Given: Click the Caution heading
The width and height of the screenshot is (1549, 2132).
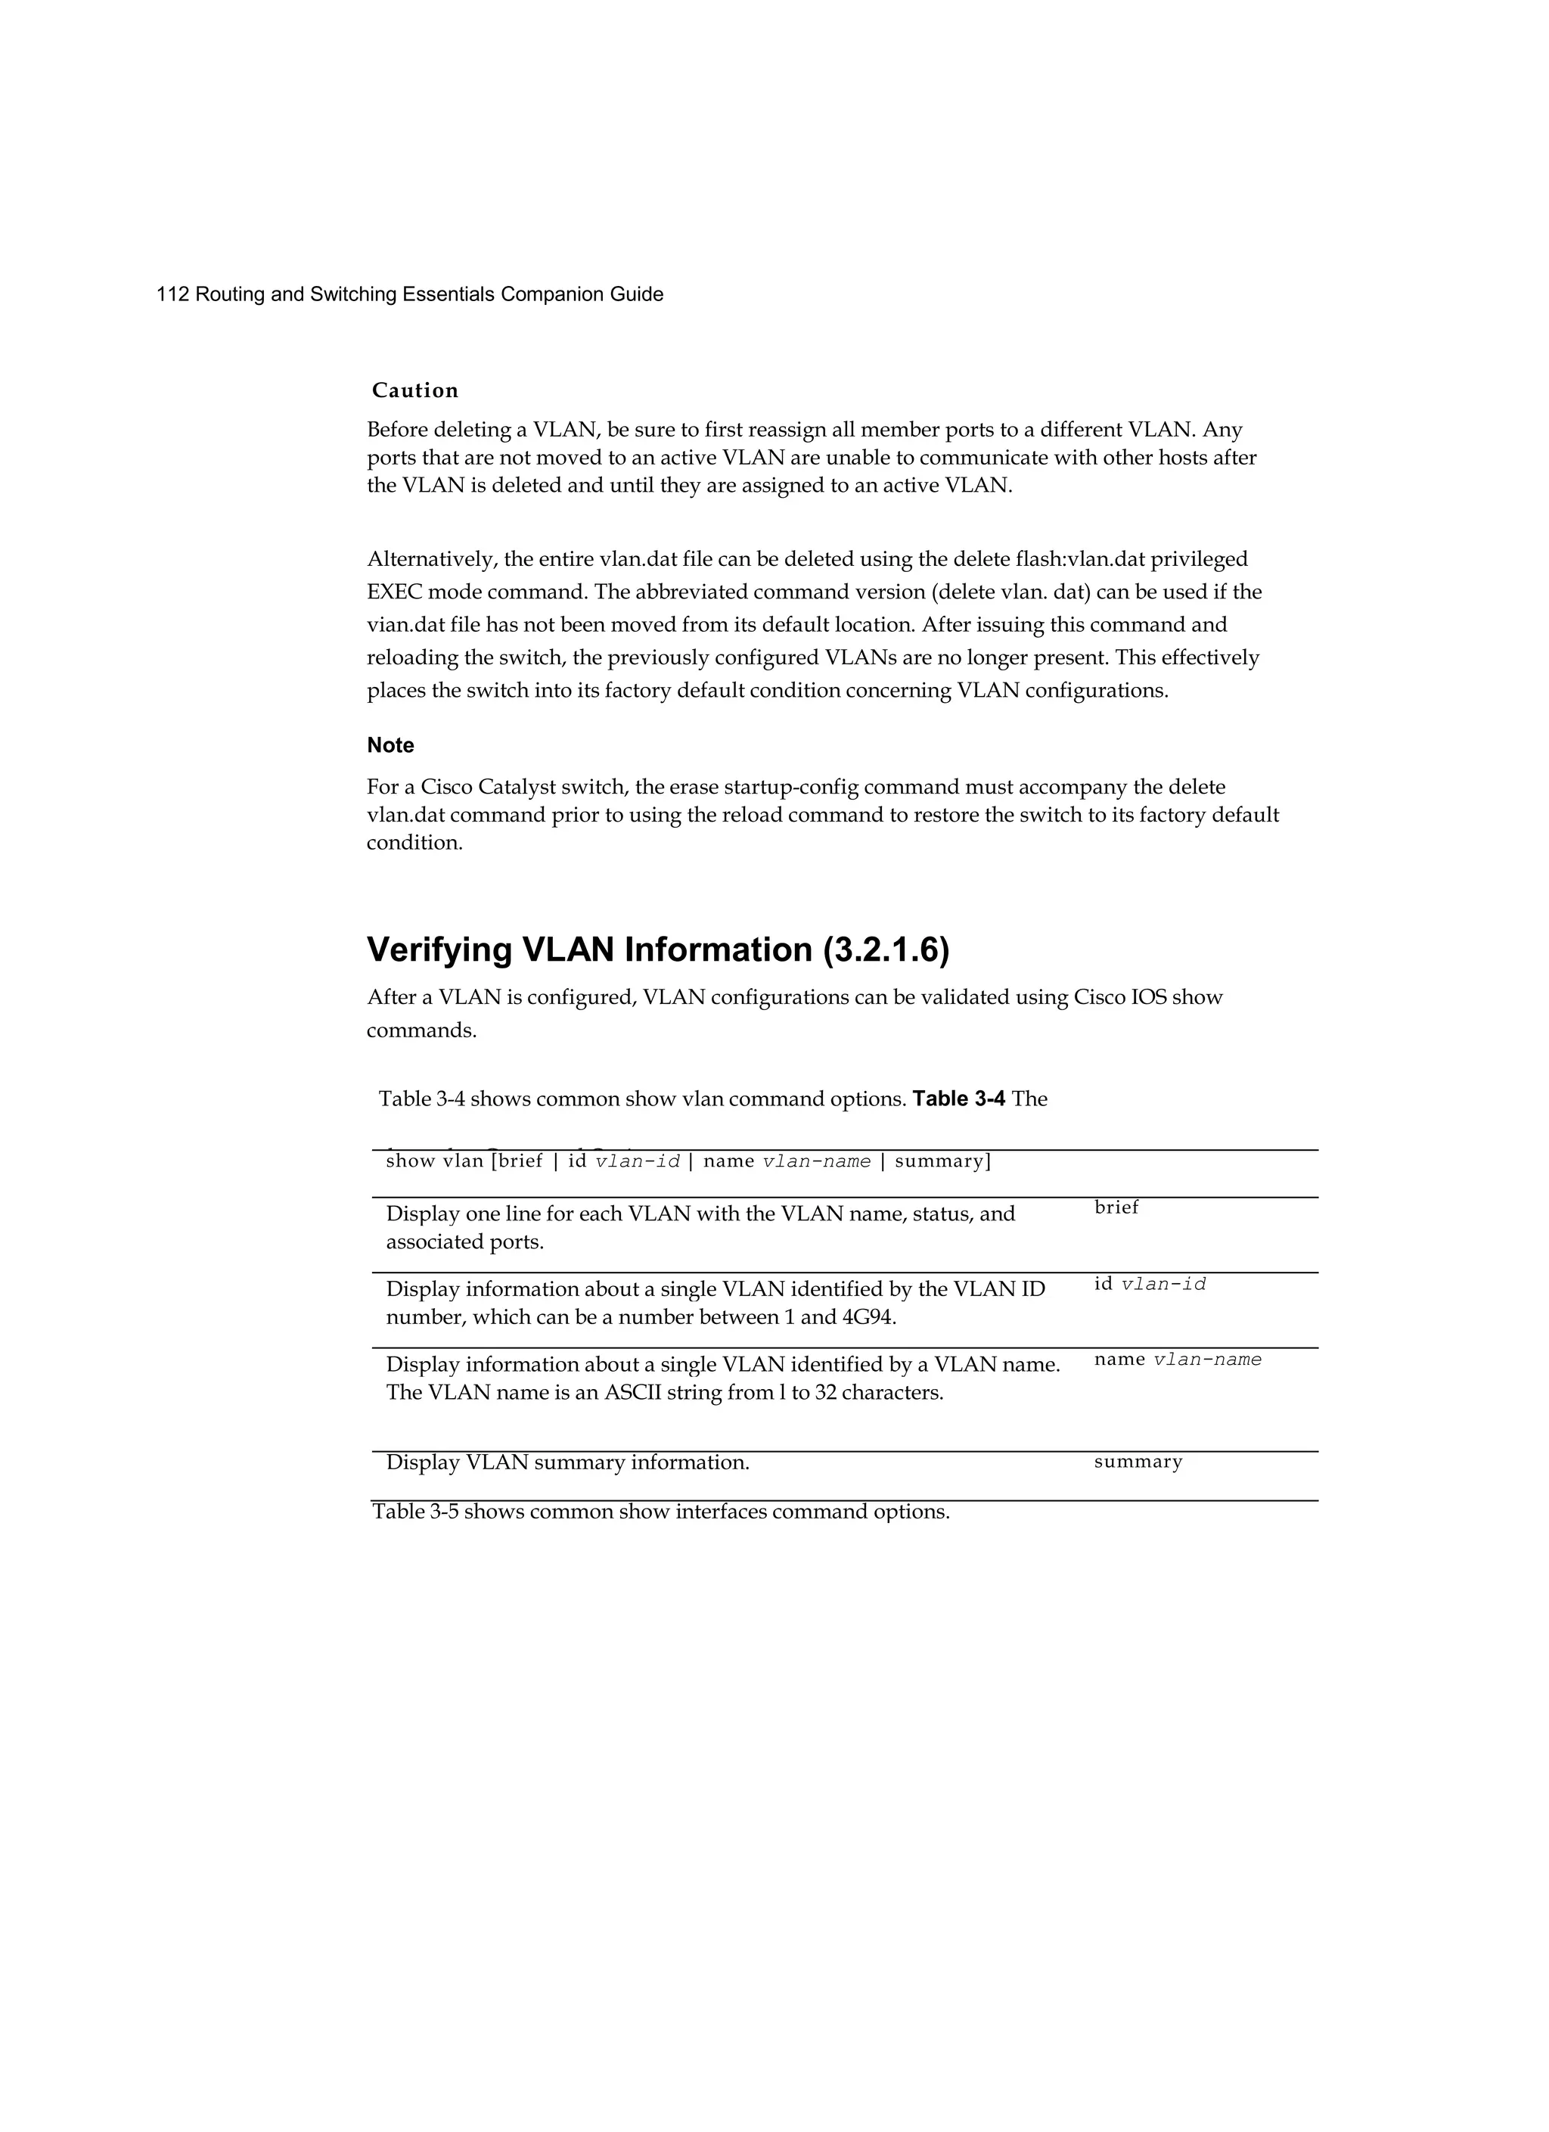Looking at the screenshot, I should tap(414, 390).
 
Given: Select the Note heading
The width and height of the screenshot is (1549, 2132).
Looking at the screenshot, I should tap(390, 744).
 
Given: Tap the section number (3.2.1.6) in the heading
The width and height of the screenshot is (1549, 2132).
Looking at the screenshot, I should tap(886, 949).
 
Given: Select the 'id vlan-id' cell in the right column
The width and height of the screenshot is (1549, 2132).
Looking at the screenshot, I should tap(1150, 1283).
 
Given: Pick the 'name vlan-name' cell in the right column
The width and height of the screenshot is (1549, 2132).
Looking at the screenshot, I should tap(1177, 1360).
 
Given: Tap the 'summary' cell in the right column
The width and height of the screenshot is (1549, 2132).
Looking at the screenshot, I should tap(1138, 1461).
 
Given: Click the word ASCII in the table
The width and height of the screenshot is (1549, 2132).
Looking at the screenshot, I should tap(632, 1392).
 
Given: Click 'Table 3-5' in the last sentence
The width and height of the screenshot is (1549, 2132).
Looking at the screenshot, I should tap(414, 1512).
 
